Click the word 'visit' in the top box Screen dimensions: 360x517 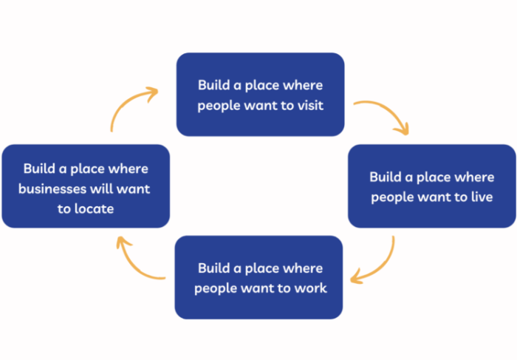click(x=309, y=105)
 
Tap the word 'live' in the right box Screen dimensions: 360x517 click(x=481, y=197)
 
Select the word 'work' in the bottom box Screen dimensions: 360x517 click(x=310, y=288)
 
